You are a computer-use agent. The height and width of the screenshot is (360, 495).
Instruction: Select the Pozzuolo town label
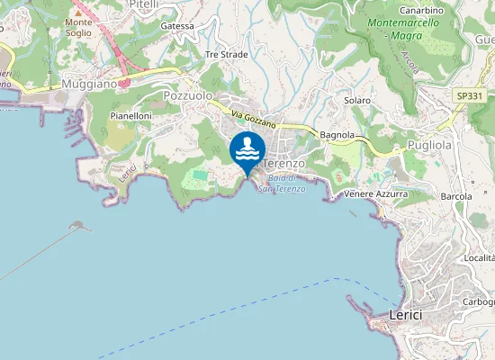[188, 94]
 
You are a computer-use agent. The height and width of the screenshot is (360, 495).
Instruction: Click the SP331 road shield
[467, 94]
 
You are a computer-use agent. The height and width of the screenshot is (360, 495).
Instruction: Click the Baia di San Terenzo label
[282, 184]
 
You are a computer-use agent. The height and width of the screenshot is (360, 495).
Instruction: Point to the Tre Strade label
[226, 54]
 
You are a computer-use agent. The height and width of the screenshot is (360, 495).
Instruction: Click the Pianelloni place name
[130, 116]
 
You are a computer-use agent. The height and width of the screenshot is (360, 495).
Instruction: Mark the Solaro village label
[357, 100]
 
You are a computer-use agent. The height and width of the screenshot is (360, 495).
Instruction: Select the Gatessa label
[177, 26]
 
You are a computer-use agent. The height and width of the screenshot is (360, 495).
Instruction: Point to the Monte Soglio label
[78, 27]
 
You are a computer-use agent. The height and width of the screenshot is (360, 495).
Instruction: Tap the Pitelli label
[144, 4]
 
